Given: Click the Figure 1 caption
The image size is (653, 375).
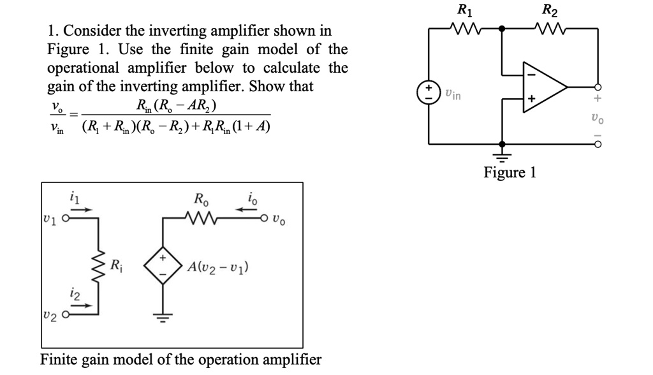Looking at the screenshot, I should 510,172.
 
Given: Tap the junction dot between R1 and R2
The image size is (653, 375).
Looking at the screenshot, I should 503,29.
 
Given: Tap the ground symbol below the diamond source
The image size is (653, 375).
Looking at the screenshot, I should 162,319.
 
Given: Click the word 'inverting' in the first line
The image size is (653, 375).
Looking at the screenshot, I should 179,31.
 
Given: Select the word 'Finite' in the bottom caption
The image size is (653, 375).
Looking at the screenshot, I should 58,359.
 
